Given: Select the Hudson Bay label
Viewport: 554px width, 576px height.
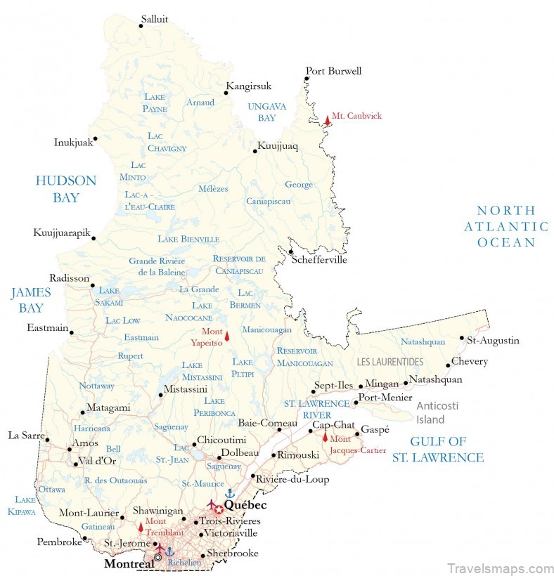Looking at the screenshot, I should [x=66, y=189].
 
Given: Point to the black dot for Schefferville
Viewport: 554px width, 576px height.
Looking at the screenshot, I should [x=290, y=251].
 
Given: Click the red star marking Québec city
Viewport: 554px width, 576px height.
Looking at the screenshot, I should [x=219, y=509].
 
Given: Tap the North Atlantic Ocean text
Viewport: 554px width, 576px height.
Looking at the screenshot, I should [x=505, y=226].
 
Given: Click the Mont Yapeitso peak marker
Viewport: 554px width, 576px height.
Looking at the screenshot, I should [x=226, y=336].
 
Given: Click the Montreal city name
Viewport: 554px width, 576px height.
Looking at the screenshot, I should [x=129, y=564].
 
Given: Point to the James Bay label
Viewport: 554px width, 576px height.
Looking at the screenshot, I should [x=31, y=300].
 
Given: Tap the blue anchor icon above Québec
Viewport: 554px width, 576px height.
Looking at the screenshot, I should [x=228, y=493].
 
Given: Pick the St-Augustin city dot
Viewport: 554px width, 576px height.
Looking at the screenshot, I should [x=462, y=338].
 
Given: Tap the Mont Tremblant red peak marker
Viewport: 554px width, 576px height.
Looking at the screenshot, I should [x=141, y=527].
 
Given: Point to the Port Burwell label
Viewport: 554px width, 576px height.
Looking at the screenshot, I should [x=333, y=71].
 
